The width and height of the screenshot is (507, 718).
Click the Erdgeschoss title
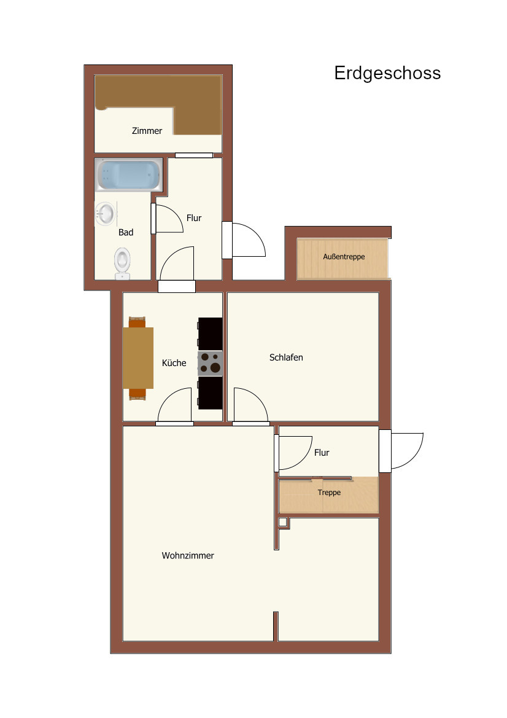click(x=387, y=73)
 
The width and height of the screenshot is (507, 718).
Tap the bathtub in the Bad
click(x=129, y=175)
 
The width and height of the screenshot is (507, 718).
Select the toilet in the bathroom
click(x=122, y=263)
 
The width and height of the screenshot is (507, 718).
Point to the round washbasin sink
click(x=105, y=213)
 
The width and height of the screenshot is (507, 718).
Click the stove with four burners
click(x=210, y=363)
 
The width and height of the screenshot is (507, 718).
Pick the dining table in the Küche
click(x=137, y=358)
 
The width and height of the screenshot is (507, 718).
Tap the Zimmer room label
click(x=147, y=131)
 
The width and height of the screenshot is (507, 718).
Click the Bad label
click(x=126, y=233)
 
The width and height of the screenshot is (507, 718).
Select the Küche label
click(x=174, y=363)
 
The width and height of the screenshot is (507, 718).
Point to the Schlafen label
click(x=286, y=357)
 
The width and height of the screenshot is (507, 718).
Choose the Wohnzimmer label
click(x=188, y=556)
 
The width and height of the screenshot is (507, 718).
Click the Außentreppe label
click(x=344, y=257)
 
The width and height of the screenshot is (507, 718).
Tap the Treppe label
click(x=329, y=493)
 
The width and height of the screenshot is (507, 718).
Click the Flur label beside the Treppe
click(x=322, y=453)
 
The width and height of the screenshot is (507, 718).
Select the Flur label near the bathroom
click(x=194, y=218)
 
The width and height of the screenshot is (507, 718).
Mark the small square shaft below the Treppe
click(x=283, y=522)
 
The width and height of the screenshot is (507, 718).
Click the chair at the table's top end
click(x=137, y=322)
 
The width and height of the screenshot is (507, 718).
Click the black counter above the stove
click(x=210, y=334)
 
